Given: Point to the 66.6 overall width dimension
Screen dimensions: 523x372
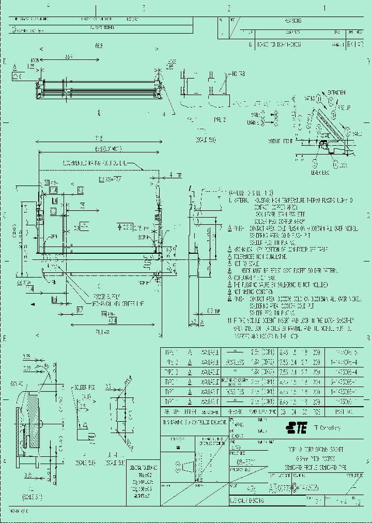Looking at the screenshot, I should (x=98, y=46).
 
